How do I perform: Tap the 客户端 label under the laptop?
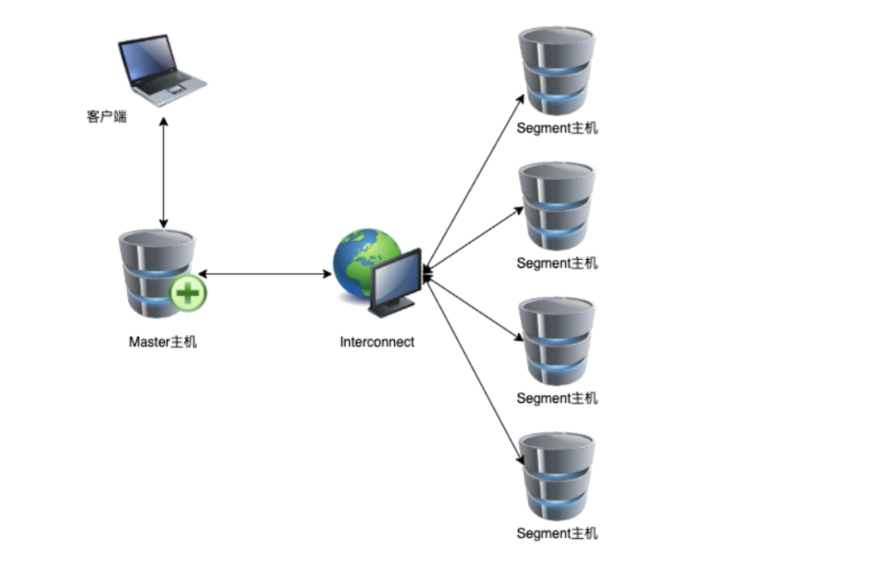tap(106, 117)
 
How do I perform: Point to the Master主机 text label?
tap(163, 342)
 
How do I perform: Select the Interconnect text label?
tap(377, 342)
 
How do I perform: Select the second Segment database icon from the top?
tap(556, 206)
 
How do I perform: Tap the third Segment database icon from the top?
tap(556, 341)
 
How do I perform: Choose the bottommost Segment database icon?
tap(556, 476)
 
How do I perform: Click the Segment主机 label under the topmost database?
tap(557, 128)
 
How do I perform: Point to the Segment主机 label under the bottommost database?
tap(557, 533)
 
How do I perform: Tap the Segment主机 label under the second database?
tap(557, 263)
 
